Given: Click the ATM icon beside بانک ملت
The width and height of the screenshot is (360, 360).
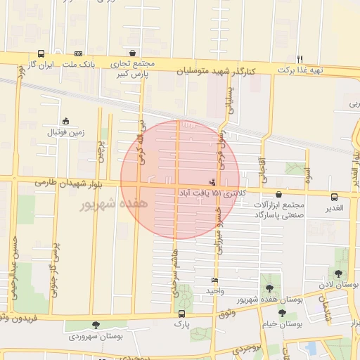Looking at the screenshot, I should pos(78,54).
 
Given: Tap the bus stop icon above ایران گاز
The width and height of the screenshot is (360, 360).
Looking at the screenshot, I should pos(41,54).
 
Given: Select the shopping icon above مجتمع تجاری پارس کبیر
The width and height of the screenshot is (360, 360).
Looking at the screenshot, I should pos(132,53).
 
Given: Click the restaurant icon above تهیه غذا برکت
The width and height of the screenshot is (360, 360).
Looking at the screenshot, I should pos(300,59).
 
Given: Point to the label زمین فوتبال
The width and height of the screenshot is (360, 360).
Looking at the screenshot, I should pos(65,131).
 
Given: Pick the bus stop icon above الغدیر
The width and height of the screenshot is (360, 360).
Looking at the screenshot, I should pos(334,197).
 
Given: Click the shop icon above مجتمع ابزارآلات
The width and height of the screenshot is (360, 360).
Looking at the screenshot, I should pos(279,195).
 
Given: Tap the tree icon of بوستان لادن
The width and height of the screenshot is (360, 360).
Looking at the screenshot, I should pos(338,274).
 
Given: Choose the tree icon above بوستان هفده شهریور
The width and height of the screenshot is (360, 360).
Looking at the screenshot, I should pos(269,289).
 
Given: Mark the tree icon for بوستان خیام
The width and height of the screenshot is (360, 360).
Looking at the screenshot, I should pos(282,314).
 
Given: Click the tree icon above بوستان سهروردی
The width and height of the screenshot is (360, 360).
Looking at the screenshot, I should pos(96,325).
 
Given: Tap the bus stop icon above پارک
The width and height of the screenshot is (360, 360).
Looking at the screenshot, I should pos(182,314).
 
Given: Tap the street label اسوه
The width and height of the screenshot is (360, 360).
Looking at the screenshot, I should pos(307,179).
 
